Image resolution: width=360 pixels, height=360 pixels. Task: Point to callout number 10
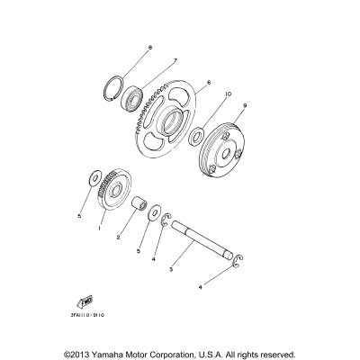tap(228, 94)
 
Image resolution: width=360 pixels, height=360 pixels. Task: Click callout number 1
tap(100, 228)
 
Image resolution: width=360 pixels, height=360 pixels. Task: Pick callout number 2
tap(117, 238)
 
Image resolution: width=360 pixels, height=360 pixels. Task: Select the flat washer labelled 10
tap(195, 137)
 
